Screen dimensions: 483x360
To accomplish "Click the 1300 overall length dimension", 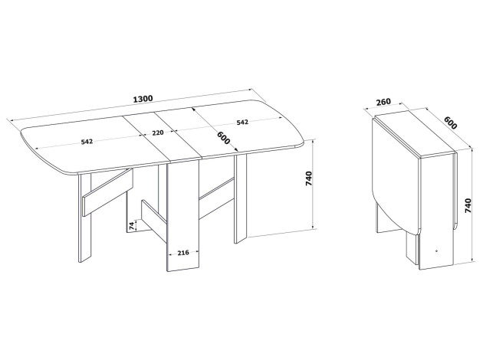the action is pos(143,99).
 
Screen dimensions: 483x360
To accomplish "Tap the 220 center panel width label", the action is pos(158,133).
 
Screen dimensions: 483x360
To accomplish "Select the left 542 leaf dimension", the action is pos(87,142).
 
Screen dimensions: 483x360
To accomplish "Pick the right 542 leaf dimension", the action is pos(242,122).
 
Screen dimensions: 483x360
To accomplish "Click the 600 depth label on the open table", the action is pos(224,138).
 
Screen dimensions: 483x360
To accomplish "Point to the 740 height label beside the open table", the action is pos(308,178).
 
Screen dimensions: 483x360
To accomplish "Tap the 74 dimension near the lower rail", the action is pos(132,225).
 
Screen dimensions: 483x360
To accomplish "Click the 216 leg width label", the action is pos(183,253).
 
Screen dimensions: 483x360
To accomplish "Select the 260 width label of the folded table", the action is pos(383,101).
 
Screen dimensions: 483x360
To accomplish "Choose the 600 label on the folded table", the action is pos(451,123).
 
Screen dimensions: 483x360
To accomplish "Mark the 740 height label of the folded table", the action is pos(468,205).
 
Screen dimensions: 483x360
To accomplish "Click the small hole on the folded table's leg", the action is pos(437,250).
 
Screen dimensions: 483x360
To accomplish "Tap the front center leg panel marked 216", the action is pos(183,215).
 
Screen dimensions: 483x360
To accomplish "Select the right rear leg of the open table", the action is pos(241,198).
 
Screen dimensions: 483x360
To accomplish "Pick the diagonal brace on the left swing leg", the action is pos(107,192).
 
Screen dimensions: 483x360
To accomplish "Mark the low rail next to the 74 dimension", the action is pos(154,221).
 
